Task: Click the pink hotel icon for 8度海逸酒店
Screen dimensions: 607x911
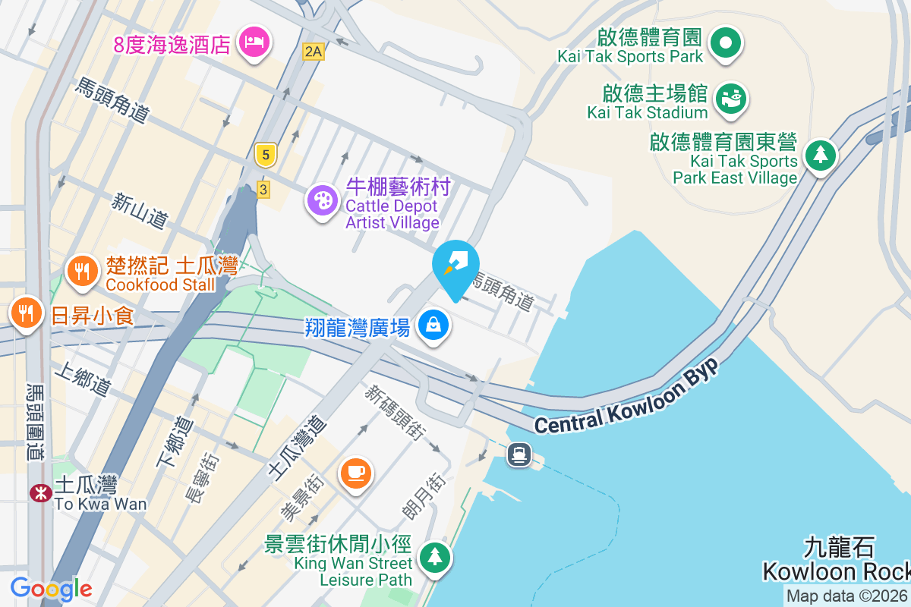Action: pyautogui.click(x=251, y=41)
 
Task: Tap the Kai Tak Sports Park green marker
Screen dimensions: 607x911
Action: pyautogui.click(x=726, y=42)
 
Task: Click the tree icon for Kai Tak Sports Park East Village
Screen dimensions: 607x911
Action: pyautogui.click(x=820, y=155)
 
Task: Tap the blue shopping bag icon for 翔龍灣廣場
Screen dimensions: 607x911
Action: pyautogui.click(x=433, y=326)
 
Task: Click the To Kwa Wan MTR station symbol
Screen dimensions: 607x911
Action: pyautogui.click(x=39, y=493)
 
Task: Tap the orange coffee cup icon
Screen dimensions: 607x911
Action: pyautogui.click(x=355, y=472)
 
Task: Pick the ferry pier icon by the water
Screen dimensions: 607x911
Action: pyautogui.click(x=520, y=454)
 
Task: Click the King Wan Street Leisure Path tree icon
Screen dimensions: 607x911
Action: pyautogui.click(x=435, y=558)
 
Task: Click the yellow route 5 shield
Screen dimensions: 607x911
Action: pyautogui.click(x=265, y=156)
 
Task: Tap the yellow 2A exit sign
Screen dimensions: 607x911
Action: pyautogui.click(x=313, y=52)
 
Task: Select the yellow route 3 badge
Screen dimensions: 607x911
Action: pyautogui.click(x=263, y=189)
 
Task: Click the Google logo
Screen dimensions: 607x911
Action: pyautogui.click(x=51, y=589)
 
